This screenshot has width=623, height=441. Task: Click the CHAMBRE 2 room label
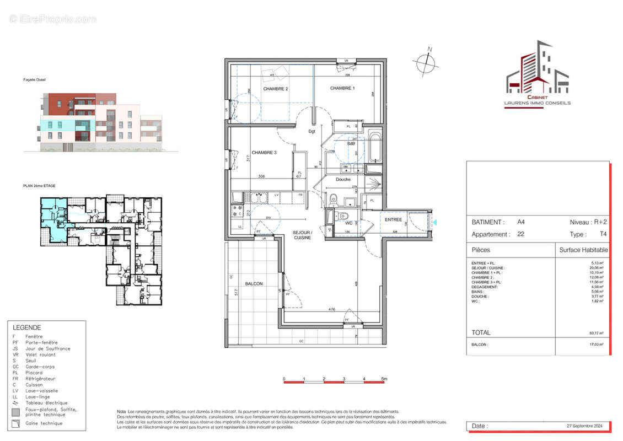click(x=275, y=89)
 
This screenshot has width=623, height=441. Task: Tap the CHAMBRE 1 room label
click(x=342, y=88)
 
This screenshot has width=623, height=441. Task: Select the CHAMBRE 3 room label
click(x=264, y=153)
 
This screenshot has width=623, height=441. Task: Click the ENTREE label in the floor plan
click(x=394, y=219)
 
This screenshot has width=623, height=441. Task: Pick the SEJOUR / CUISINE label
click(x=302, y=235)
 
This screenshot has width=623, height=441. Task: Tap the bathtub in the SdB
click(x=374, y=147)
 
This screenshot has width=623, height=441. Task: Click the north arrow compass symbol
click(x=427, y=63)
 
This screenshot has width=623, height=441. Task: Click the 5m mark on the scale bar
click(x=384, y=379)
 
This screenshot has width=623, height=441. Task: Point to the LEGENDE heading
click(x=27, y=327)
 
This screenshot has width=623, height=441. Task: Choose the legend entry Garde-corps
click(x=40, y=367)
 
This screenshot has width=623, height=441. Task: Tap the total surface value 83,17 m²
click(x=597, y=333)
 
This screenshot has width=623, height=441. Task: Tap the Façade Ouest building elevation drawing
click(x=101, y=121)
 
